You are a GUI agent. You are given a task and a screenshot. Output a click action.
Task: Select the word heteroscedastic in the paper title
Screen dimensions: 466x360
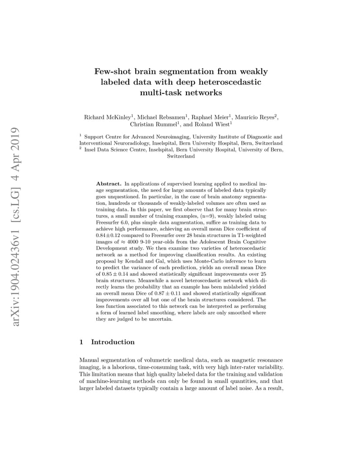pyautogui.click(x=229, y=82)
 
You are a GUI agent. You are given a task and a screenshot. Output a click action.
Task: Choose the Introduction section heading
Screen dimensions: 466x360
pyautogui.click(x=113, y=342)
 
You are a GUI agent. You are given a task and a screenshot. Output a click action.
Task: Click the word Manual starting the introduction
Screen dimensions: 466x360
pyautogui.click(x=89, y=360)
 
